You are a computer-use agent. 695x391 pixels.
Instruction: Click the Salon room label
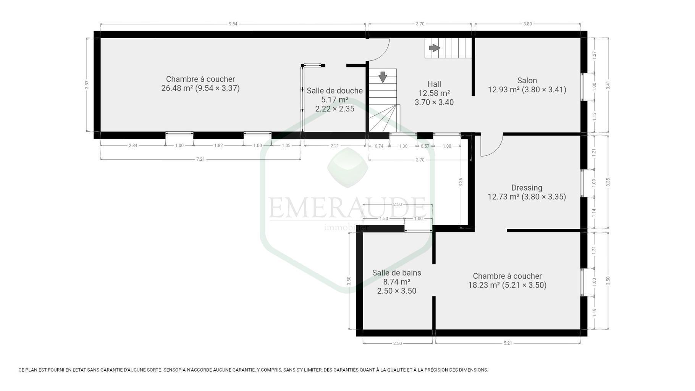[x=527, y=81]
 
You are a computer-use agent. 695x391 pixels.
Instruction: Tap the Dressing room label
[x=527, y=188]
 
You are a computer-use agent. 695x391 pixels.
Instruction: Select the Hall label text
[x=434, y=84]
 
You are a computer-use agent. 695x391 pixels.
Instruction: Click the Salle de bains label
[x=397, y=273]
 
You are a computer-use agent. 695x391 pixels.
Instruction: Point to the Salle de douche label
[x=335, y=90]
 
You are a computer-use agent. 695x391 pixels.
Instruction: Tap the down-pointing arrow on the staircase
[x=383, y=77]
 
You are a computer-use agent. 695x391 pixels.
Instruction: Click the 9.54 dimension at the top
[x=233, y=24]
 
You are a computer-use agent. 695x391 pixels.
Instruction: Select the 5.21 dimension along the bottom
[x=508, y=343]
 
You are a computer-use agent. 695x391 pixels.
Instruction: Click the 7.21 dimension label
[x=200, y=159]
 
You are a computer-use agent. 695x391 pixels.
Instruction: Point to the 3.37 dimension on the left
[x=87, y=84]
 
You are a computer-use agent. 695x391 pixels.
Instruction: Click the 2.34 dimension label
[x=133, y=145]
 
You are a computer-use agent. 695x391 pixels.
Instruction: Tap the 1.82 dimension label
[x=218, y=145]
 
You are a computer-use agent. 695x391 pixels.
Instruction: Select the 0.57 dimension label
[x=425, y=146]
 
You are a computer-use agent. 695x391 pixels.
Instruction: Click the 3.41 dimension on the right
[x=608, y=86]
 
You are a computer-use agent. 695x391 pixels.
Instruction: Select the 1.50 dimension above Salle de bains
[x=383, y=219]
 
